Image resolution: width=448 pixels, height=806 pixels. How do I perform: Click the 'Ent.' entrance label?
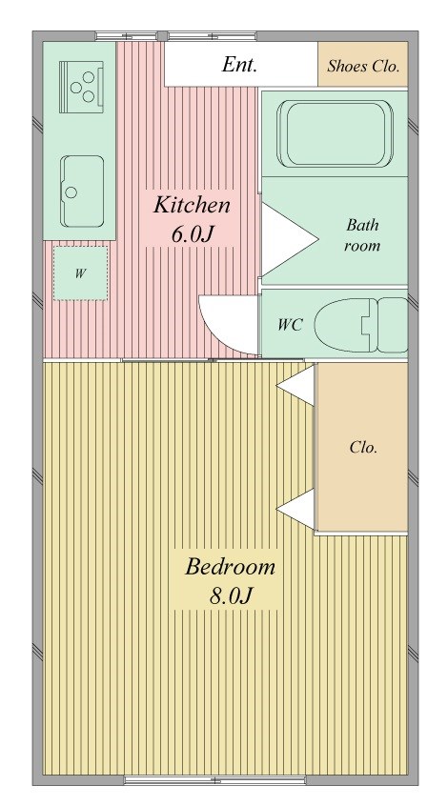pyautogui.click(x=239, y=65)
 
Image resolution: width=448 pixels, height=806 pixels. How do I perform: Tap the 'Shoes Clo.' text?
pyautogui.click(x=363, y=66)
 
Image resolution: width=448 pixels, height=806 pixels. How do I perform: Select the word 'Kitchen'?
pyautogui.click(x=192, y=205)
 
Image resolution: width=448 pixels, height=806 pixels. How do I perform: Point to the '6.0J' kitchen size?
pyautogui.click(x=192, y=234)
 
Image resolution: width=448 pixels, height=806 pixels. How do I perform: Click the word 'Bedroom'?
pyautogui.click(x=230, y=567)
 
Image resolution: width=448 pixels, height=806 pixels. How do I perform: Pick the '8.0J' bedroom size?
pyautogui.click(x=230, y=596)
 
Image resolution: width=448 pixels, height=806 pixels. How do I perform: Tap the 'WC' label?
pyautogui.click(x=289, y=325)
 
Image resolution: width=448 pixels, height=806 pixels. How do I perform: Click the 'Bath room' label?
pyautogui.click(x=362, y=235)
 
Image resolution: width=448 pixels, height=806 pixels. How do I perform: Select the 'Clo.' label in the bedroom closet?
pyautogui.click(x=363, y=447)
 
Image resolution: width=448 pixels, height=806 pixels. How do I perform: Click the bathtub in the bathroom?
pyautogui.click(x=335, y=133)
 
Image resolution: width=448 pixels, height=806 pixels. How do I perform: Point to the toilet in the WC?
pyautogui.click(x=361, y=325)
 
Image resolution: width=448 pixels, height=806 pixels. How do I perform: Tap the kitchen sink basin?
pyautogui.click(x=82, y=191)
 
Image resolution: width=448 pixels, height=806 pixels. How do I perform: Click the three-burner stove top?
pyautogui.click(x=81, y=87)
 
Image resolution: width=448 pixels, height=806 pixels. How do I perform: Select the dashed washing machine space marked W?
pyautogui.click(x=80, y=272)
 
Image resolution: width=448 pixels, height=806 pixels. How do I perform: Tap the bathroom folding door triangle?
pyautogui.click(x=288, y=238)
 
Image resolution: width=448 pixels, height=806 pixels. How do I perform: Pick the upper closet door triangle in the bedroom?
pyautogui.click(x=295, y=385)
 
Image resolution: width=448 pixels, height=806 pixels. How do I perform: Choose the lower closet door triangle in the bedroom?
pyautogui.click(x=295, y=509)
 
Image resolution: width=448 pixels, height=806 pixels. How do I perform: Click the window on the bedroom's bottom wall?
pyautogui.click(x=215, y=780)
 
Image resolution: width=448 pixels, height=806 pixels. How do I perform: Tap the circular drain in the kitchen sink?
pyautogui.click(x=71, y=192)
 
